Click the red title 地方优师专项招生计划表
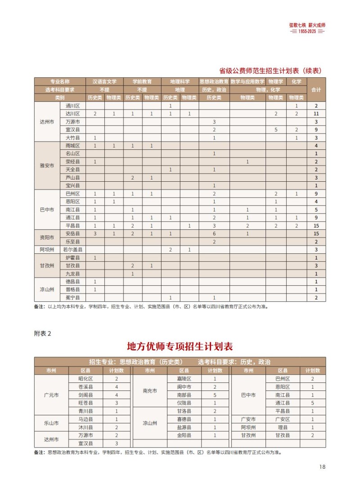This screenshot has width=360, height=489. point(180,346)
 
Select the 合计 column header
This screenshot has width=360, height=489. point(316,90)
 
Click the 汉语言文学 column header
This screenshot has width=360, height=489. point(104,82)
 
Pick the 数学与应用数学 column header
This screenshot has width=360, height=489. point(247,82)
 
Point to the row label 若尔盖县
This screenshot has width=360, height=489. point(72,249)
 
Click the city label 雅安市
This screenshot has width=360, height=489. point(47,166)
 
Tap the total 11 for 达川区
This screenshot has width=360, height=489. point(316,114)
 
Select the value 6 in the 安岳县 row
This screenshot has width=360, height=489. point(214,233)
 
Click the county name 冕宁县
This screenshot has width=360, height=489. point(72,298)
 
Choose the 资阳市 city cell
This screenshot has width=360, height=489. point(47,238)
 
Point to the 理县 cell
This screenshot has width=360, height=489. point(283,427)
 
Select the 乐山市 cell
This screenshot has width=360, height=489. point(51,423)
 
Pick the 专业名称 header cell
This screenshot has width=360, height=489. point(60,82)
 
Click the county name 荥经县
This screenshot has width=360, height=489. point(72,162)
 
